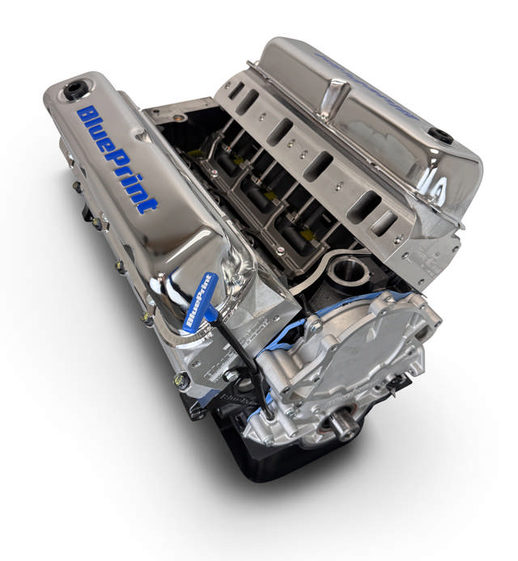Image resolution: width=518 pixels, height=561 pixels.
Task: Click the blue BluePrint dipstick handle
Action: pyautogui.click(x=199, y=300)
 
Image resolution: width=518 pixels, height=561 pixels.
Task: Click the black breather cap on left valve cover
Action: pyautogui.click(x=75, y=89)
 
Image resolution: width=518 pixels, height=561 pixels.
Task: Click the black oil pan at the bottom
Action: pyautogui.click(x=267, y=461)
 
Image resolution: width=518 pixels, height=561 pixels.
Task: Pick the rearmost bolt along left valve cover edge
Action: pyautogui.click(x=77, y=186)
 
